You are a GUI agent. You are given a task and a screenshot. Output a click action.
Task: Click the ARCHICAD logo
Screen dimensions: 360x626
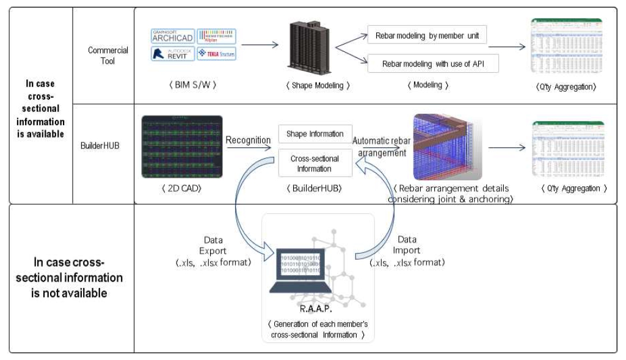point(172,35)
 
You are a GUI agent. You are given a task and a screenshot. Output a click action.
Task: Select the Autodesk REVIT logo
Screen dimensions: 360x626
point(172,54)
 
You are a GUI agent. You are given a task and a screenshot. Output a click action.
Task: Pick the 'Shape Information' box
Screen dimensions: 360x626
point(315,134)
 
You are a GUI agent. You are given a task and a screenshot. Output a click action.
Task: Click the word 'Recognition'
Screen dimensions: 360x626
point(248,140)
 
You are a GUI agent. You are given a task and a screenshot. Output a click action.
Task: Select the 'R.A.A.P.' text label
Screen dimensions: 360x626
point(313,310)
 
